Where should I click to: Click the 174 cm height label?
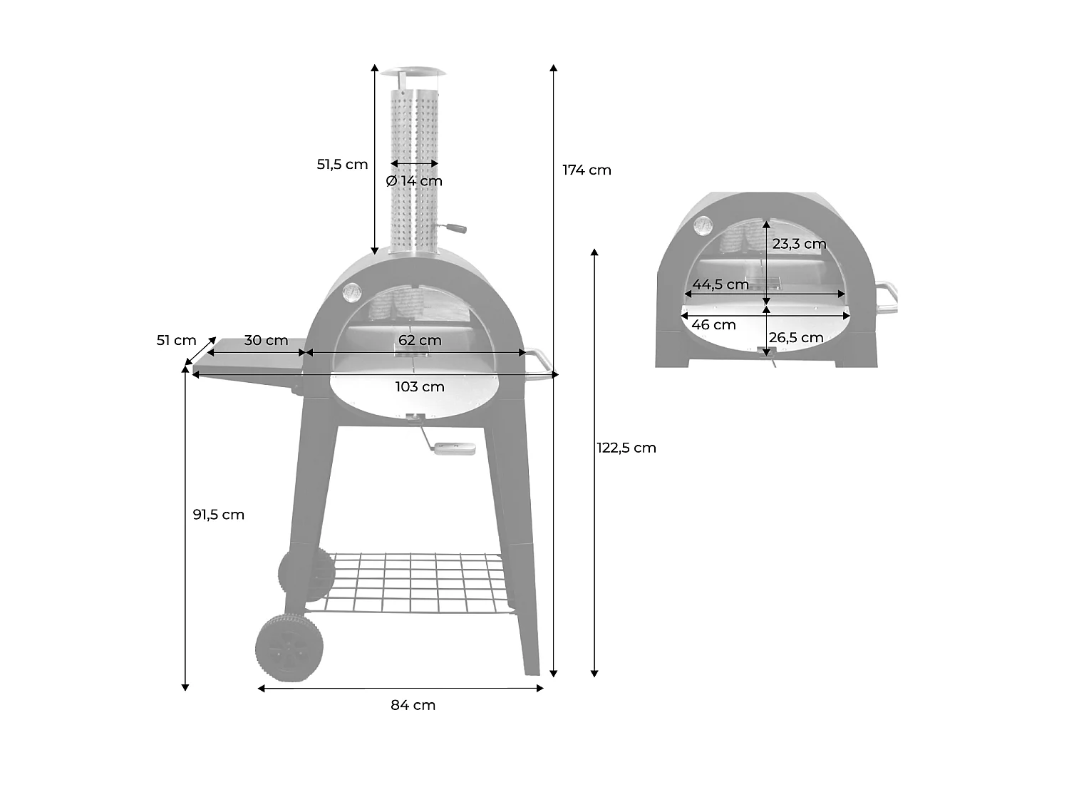[x=587, y=170]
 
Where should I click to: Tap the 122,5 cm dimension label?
[x=626, y=448]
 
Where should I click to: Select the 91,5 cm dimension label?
[x=218, y=514]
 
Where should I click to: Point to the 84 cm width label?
[x=413, y=705]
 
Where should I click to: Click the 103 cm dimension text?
[x=420, y=386]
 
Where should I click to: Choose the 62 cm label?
[x=420, y=340]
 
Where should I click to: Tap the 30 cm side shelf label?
[x=266, y=340]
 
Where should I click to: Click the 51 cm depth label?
[x=176, y=340]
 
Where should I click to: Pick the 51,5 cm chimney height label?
[x=342, y=165]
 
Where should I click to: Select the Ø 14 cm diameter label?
[x=414, y=181]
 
